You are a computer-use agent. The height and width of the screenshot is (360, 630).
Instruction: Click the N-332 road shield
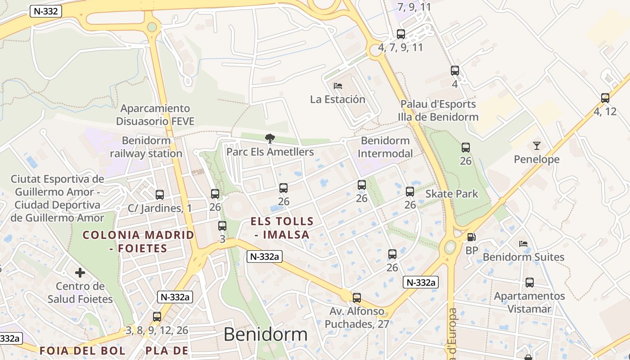[x=45, y=11]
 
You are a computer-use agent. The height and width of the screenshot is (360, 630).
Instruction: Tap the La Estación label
[x=337, y=99]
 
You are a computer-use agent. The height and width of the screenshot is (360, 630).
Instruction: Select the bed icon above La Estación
[x=337, y=85]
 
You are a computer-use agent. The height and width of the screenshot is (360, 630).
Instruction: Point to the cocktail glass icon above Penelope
[x=536, y=145]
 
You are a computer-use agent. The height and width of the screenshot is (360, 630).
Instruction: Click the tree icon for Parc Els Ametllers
[x=270, y=138]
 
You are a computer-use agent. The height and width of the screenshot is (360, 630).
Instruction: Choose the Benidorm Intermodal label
[x=385, y=147]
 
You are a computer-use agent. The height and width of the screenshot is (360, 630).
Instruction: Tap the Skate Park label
[x=452, y=194]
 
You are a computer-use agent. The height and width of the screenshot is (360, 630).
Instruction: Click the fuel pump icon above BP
[x=471, y=237]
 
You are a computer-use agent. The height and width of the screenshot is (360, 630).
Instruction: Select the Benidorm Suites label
[x=523, y=257]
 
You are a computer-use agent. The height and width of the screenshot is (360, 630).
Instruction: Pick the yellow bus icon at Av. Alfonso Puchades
[x=357, y=297]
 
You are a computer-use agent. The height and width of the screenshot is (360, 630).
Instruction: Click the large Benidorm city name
[x=265, y=334]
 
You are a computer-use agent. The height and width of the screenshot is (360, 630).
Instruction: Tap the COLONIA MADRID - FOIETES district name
[x=139, y=241]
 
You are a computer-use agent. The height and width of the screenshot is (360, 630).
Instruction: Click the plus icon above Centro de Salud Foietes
[x=80, y=273]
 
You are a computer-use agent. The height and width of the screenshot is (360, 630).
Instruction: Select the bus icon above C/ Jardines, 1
[x=160, y=195]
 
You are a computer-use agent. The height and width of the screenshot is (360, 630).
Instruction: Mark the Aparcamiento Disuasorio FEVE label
[x=155, y=115]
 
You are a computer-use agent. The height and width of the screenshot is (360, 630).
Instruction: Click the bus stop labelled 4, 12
[x=605, y=98]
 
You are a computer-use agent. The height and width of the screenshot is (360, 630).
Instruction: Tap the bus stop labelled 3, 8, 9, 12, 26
[x=157, y=317]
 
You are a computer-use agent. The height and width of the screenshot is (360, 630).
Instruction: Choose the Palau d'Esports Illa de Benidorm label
[x=438, y=111]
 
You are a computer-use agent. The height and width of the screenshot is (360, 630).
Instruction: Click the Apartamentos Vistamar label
[x=529, y=302]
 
